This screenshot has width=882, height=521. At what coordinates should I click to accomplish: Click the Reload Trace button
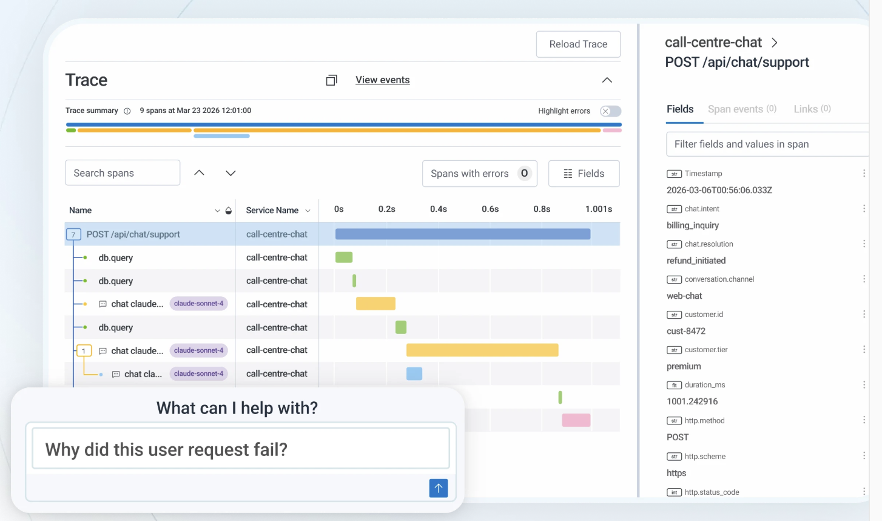click(578, 44)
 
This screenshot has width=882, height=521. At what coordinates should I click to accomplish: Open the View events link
click(382, 80)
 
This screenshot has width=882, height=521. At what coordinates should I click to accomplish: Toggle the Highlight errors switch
click(610, 111)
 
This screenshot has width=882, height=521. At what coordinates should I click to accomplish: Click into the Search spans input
click(123, 172)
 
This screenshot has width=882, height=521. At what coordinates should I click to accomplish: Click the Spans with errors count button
click(480, 174)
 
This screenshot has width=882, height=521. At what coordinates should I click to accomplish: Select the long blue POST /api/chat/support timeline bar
click(463, 234)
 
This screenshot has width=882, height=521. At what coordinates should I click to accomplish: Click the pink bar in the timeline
click(576, 420)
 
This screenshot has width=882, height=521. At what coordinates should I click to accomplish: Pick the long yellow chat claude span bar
click(482, 350)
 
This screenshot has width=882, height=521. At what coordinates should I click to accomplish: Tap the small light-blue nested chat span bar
click(414, 373)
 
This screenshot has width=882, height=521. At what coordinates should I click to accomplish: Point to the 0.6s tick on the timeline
click(490, 209)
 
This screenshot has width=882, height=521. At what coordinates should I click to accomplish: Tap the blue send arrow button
click(438, 488)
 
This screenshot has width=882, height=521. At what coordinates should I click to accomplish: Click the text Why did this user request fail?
click(166, 450)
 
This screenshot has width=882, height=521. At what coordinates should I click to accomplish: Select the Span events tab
click(742, 109)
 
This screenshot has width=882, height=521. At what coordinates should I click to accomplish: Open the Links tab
click(812, 109)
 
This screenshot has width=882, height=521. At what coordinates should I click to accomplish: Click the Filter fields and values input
click(767, 145)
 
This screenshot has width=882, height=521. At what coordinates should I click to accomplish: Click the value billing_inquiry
click(693, 225)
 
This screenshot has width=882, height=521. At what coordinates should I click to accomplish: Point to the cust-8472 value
click(686, 331)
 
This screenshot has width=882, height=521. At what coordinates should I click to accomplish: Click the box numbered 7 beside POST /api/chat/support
click(73, 234)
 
